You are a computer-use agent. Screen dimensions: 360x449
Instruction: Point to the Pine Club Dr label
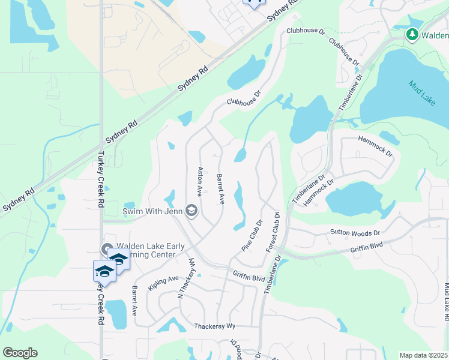tap(252, 236)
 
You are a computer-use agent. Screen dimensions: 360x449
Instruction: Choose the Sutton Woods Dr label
tap(355, 232)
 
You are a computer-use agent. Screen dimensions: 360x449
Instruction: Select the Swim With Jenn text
tap(153, 211)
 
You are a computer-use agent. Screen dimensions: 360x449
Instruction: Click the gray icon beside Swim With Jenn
tap(191, 210)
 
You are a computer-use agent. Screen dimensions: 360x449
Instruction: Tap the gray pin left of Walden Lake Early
tap(107, 249)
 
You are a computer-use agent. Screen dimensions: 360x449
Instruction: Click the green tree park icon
tap(412, 35)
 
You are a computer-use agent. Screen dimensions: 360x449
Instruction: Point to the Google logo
tap(20, 353)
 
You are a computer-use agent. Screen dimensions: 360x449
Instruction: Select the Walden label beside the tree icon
tap(435, 35)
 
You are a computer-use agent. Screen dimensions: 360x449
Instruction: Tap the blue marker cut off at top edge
tap(253, 3)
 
